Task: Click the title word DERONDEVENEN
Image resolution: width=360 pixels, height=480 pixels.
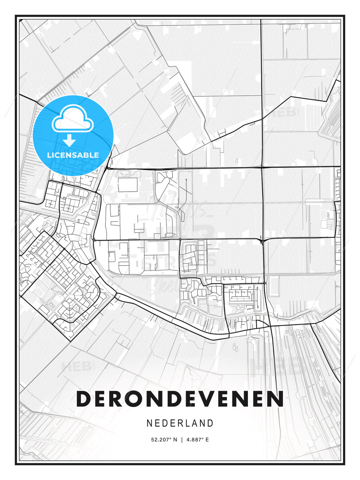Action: pyautogui.click(x=180, y=399)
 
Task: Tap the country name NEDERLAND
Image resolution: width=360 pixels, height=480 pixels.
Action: pyautogui.click(x=180, y=423)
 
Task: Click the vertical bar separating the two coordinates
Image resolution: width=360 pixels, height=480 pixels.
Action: pyautogui.click(x=182, y=440)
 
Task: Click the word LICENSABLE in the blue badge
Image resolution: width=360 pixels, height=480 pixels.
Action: pyautogui.click(x=73, y=155)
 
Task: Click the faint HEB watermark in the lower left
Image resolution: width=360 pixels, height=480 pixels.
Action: pyautogui.click(x=76, y=367)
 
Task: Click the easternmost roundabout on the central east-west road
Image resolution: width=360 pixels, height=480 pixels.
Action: pyautogui.click(x=263, y=240)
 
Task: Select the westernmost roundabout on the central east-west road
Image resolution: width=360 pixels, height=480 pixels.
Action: pyautogui.click(x=94, y=240)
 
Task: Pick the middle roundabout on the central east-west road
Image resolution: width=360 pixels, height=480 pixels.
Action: pyautogui.click(x=180, y=239)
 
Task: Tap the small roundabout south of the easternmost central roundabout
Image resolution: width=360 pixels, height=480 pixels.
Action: pyautogui.click(x=264, y=283)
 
